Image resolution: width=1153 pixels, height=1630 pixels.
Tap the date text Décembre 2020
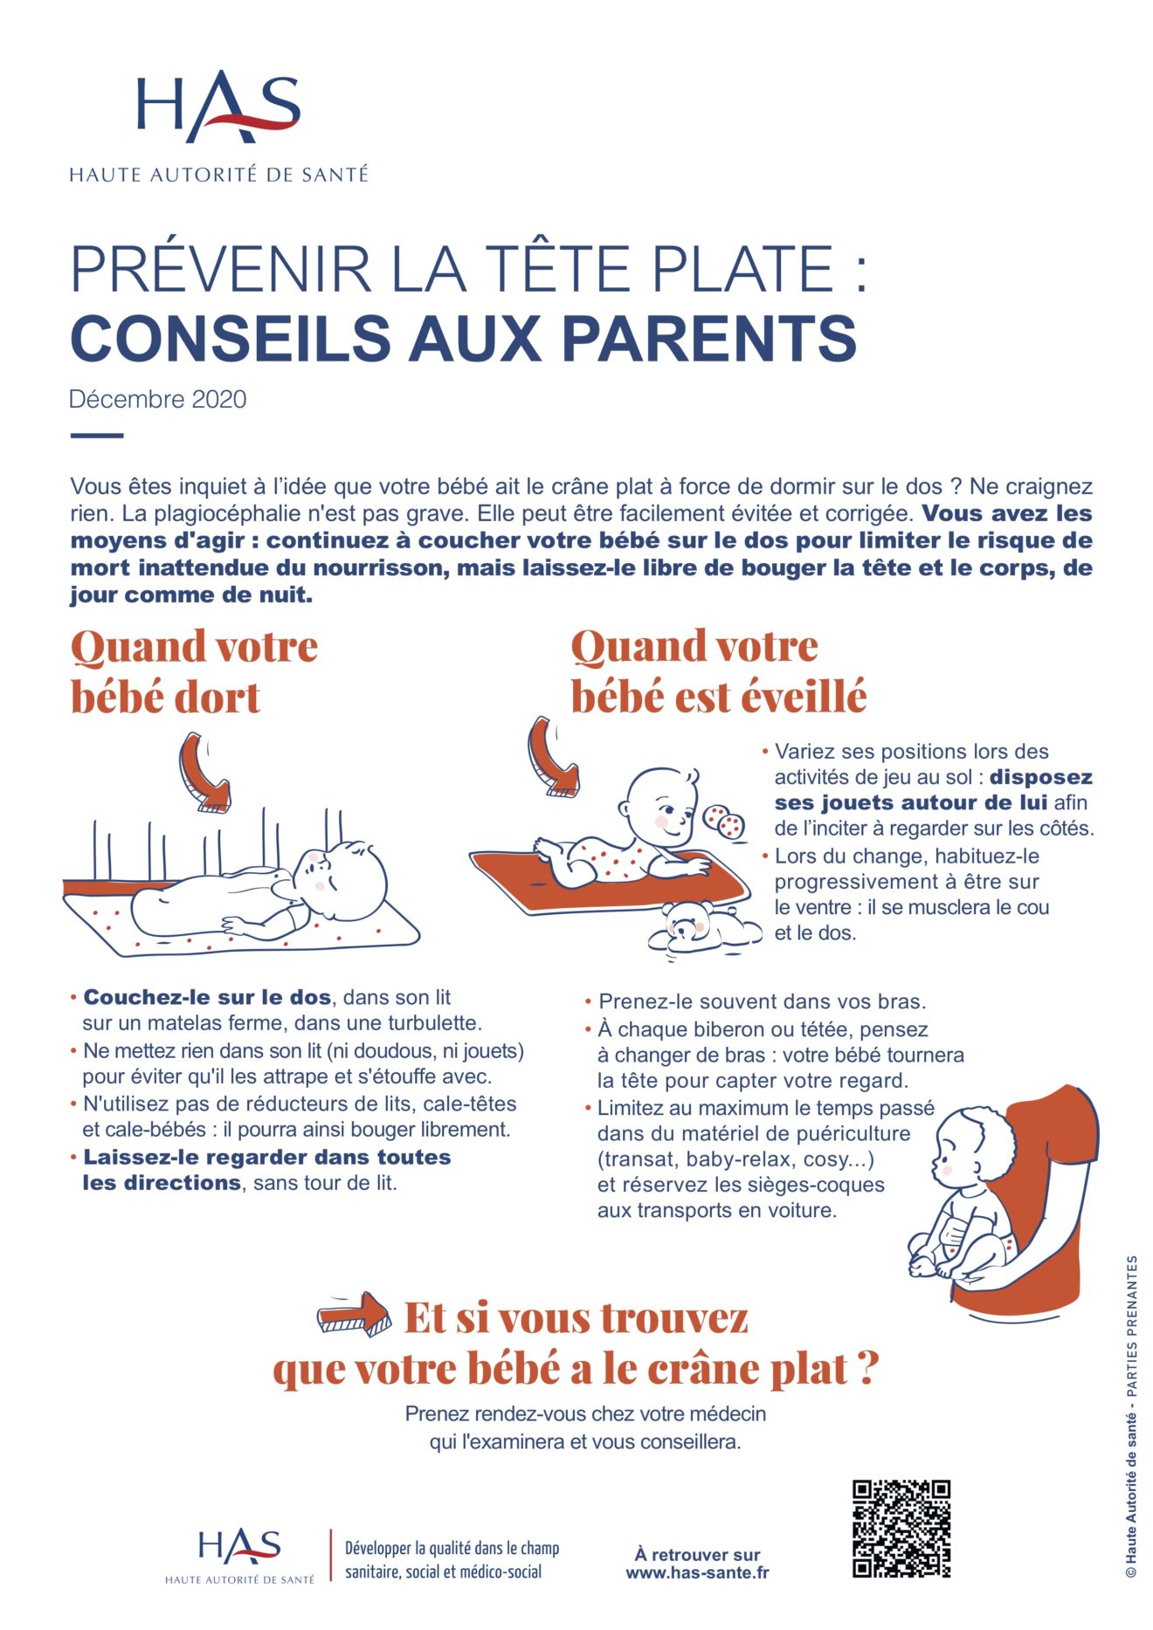pos(158,400)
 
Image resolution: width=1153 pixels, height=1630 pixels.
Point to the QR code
pos(901,1529)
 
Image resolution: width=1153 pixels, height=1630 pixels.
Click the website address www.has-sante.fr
pos(697,1573)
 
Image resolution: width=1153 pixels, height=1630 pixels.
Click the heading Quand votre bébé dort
pos(194,671)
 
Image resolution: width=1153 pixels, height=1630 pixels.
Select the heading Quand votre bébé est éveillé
pos(718,671)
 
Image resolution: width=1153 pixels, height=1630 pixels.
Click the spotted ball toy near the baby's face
pos(724,821)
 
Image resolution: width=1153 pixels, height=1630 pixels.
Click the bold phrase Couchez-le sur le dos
pos(207,997)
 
